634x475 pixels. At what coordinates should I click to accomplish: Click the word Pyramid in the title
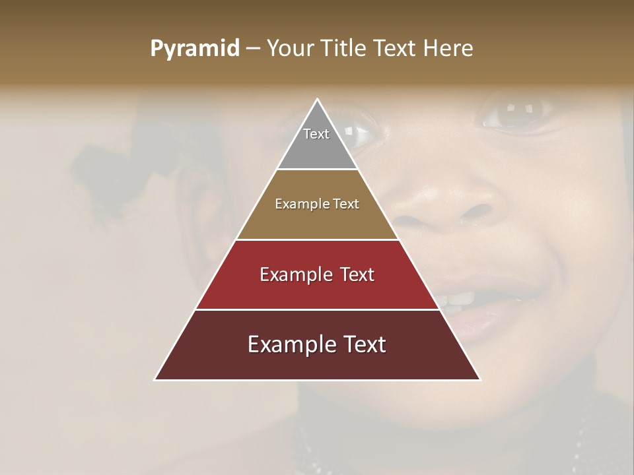[x=194, y=49]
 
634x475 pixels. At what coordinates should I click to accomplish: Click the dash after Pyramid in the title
[x=253, y=49]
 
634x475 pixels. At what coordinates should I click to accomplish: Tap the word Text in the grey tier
[x=316, y=134]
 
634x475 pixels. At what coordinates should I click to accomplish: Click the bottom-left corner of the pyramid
[x=155, y=379]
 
